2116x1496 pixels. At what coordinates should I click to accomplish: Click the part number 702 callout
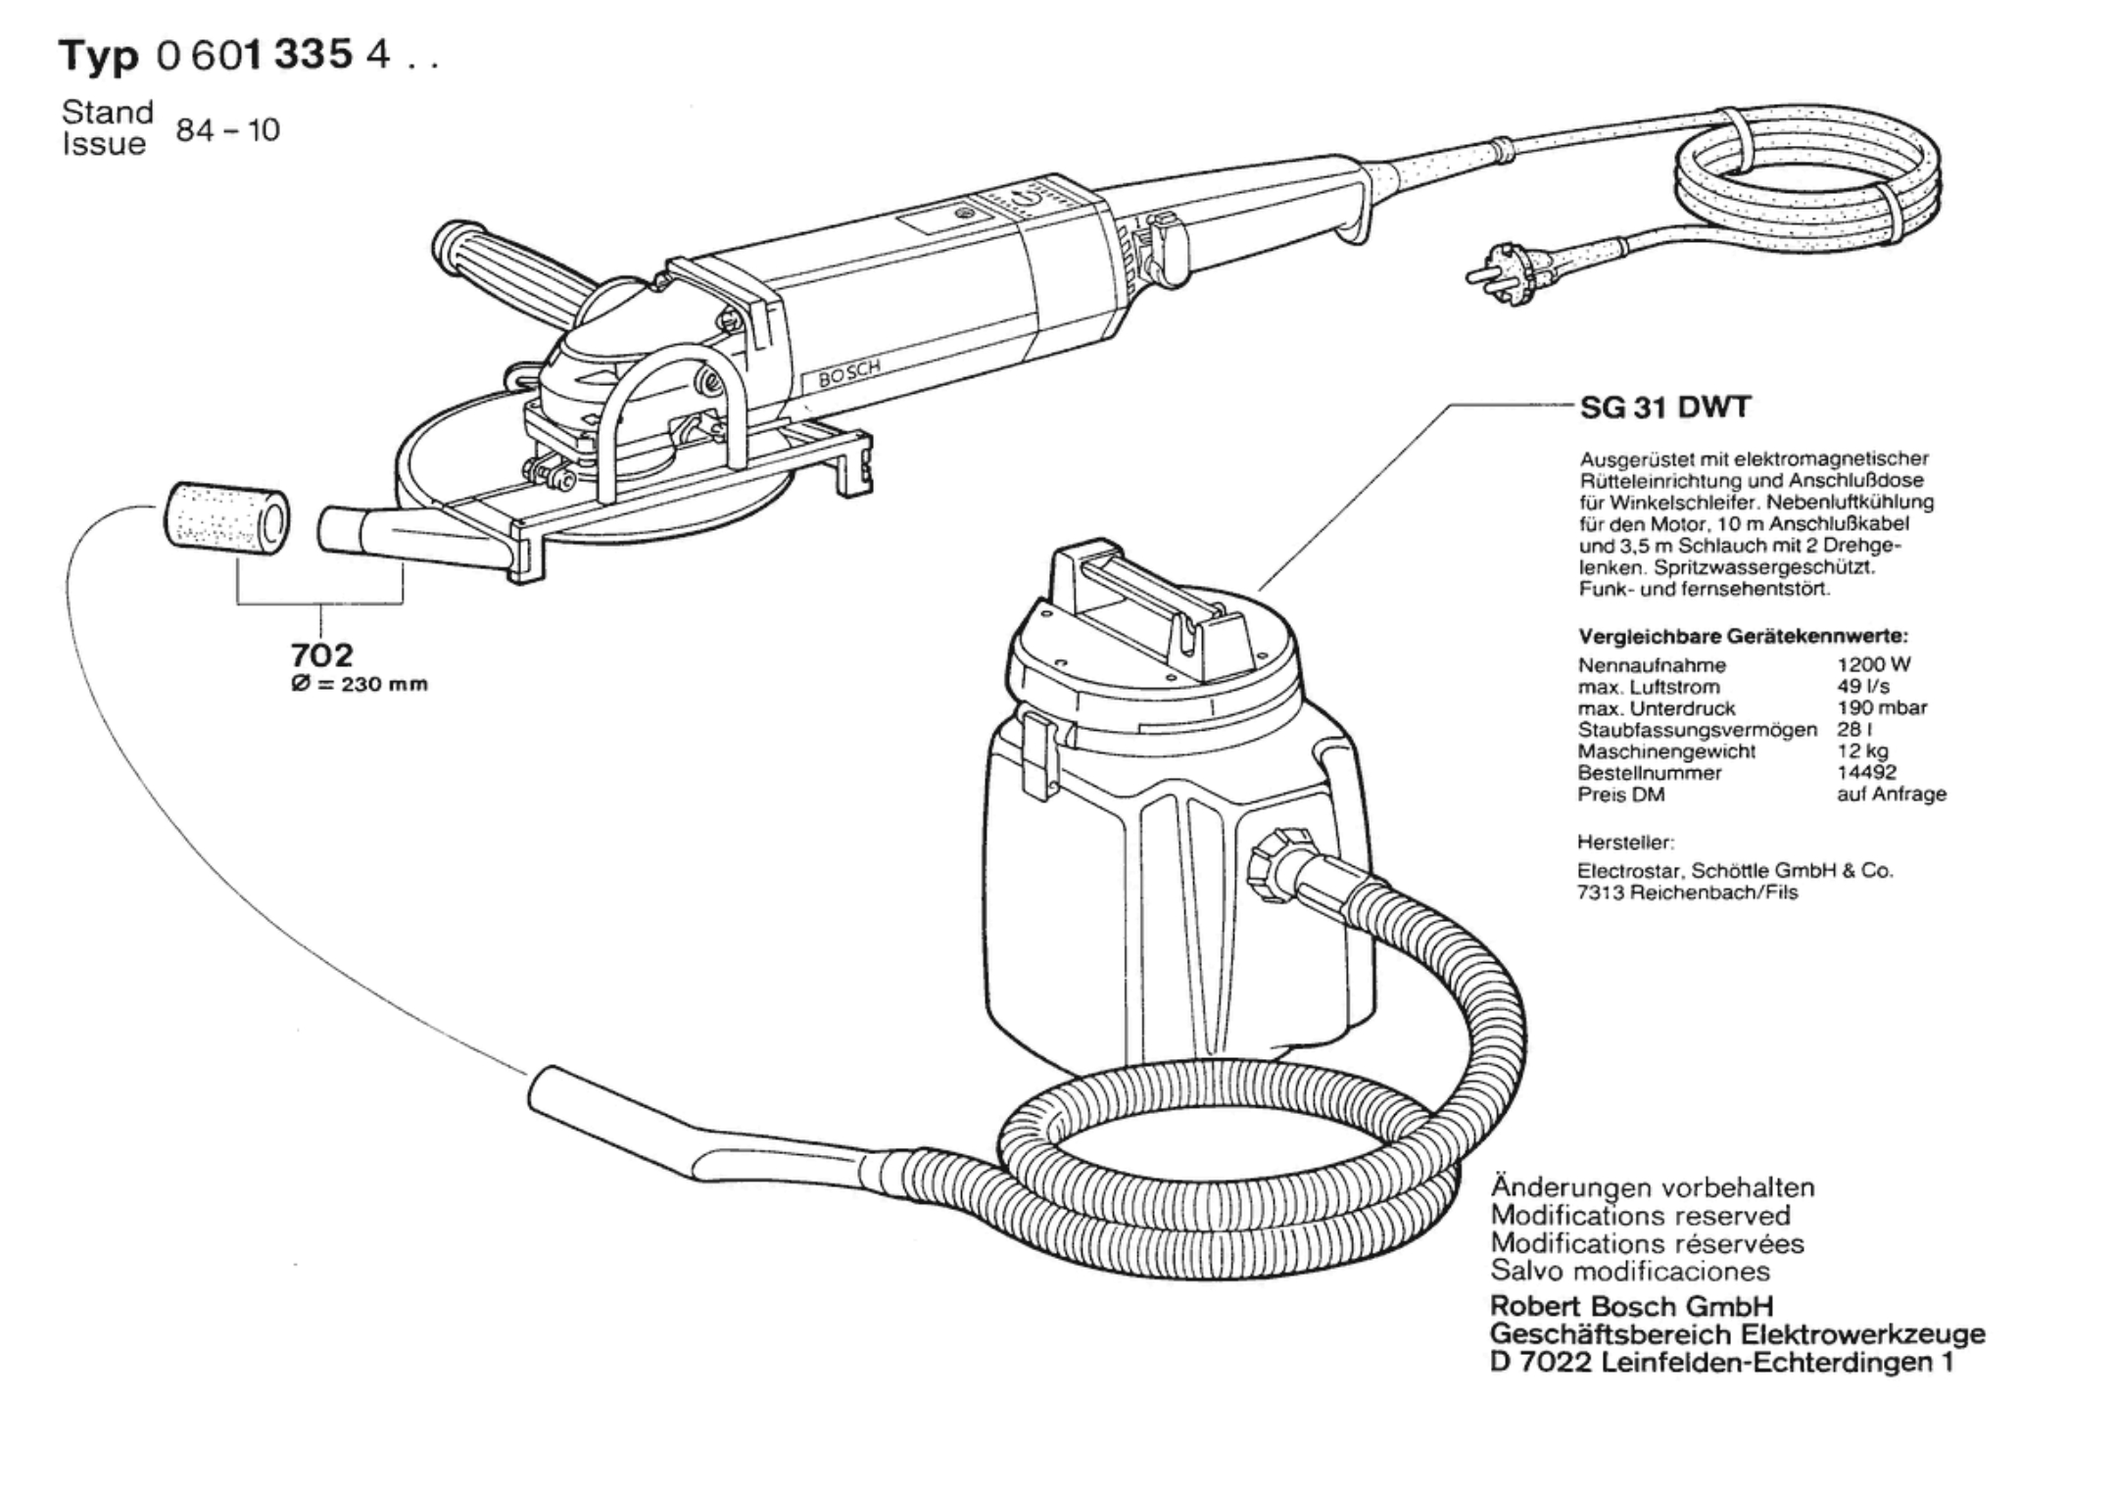[321, 653]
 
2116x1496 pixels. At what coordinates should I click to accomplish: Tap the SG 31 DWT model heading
[1664, 408]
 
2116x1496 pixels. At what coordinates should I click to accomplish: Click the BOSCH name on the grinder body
[849, 373]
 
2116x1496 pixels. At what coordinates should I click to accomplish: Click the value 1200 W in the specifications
[1874, 664]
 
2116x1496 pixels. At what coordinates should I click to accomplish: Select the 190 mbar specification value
[1882, 707]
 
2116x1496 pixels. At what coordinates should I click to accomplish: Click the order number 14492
[1866, 772]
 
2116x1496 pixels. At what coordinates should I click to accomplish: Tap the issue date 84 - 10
[227, 129]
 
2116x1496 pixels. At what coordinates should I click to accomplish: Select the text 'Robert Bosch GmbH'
[1631, 1306]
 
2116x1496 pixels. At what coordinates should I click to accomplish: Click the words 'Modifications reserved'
[1640, 1216]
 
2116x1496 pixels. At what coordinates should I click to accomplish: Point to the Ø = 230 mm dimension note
[360, 684]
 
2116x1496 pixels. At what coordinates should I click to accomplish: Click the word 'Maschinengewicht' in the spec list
[1666, 751]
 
